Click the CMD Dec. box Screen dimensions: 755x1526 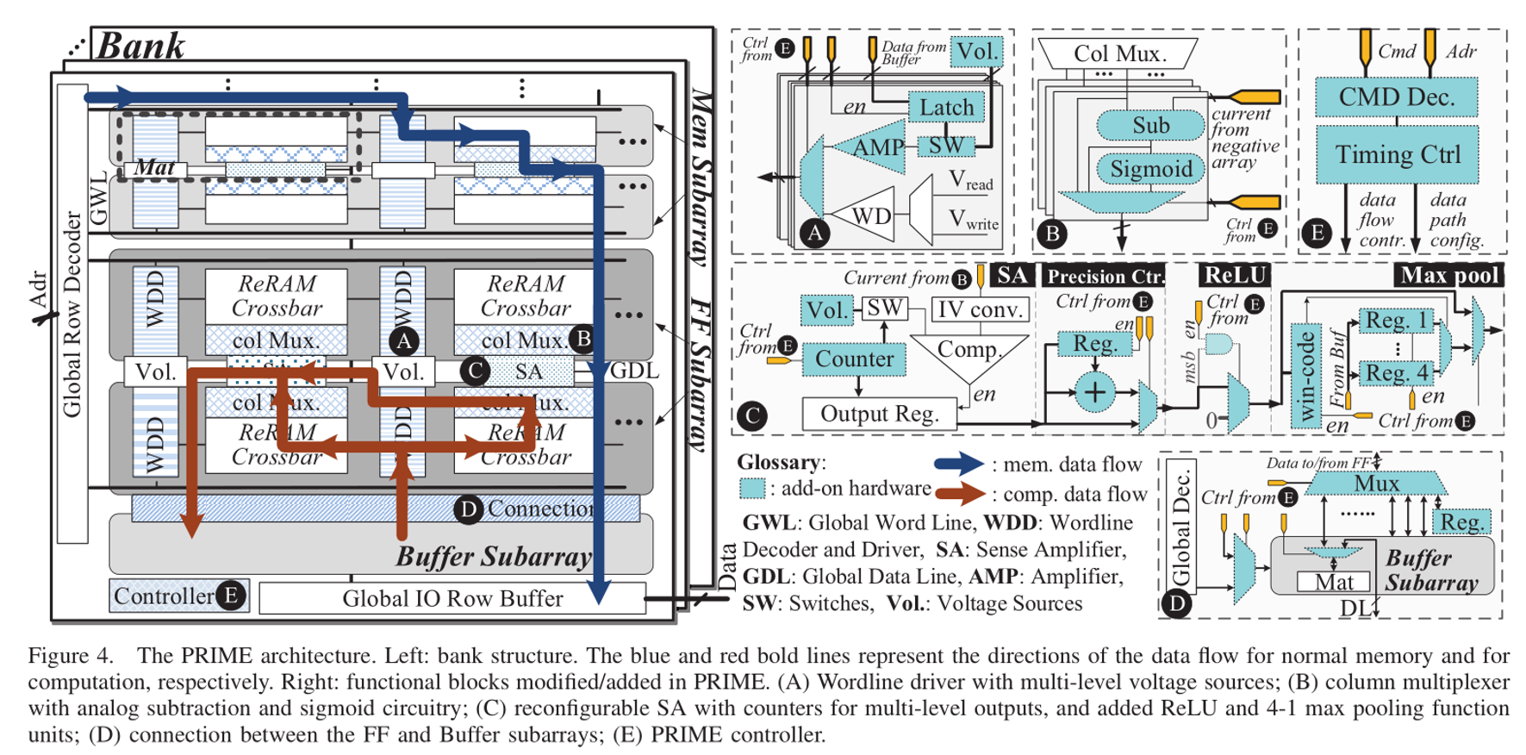pyautogui.click(x=1396, y=97)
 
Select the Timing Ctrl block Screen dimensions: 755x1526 pyautogui.click(x=1397, y=154)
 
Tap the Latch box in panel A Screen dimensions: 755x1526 pyautogui.click(x=946, y=108)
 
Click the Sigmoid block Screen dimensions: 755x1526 pyautogui.click(x=1150, y=169)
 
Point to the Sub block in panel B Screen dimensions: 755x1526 pyautogui.click(x=1150, y=126)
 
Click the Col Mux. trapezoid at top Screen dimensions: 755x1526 pyautogui.click(x=1119, y=53)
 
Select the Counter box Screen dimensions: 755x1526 pyautogui.click(x=854, y=359)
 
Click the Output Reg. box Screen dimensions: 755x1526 pyautogui.click(x=879, y=414)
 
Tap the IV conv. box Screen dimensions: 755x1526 pyautogui.click(x=981, y=309)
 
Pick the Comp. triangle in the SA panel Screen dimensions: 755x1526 pyautogui.click(x=969, y=353)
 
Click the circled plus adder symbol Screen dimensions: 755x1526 pyautogui.click(x=1093, y=393)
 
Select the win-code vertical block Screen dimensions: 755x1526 pyautogui.click(x=1306, y=376)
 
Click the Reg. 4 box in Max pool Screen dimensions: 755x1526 pyautogui.click(x=1396, y=373)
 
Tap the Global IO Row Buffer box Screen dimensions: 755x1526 pyautogui.click(x=452, y=598)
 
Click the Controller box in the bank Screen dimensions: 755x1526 pyautogui.click(x=164, y=596)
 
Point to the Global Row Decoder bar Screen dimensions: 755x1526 pyautogui.click(x=72, y=315)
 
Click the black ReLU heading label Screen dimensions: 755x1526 pyautogui.click(x=1234, y=276)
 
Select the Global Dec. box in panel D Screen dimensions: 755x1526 pyautogui.click(x=1180, y=527)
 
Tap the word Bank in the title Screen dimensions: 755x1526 pyautogui.click(x=140, y=46)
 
